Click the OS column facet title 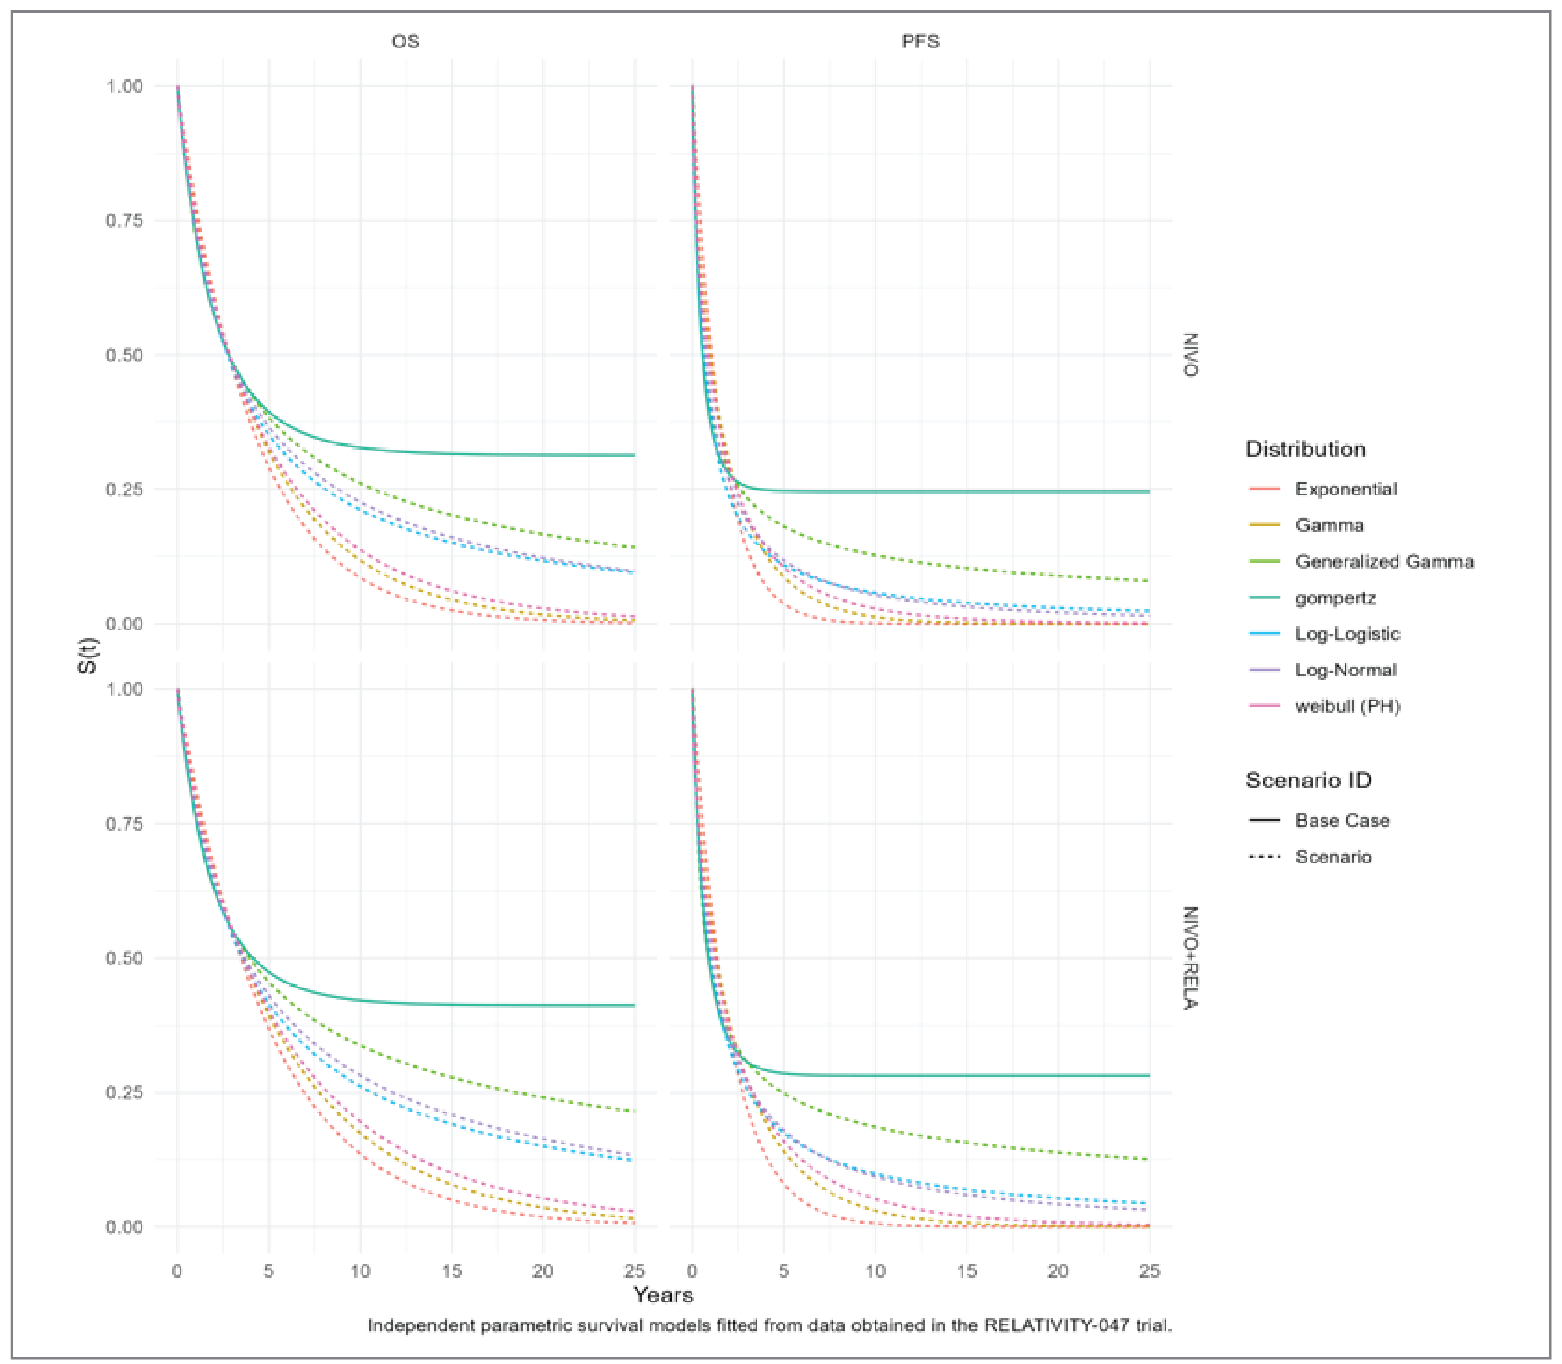click(405, 41)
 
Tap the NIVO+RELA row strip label click(1189, 957)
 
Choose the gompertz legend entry click(1335, 598)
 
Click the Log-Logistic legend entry click(1346, 634)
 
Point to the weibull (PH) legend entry click(1347, 706)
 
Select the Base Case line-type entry click(1342, 820)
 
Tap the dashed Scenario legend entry click(1333, 857)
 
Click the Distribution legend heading click(1305, 449)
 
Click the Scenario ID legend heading click(1307, 780)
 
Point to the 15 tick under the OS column click(451, 1270)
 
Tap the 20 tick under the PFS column click(1057, 1270)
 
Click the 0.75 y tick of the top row click(124, 221)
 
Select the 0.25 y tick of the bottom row click(124, 1092)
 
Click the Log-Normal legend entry click(1345, 670)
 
